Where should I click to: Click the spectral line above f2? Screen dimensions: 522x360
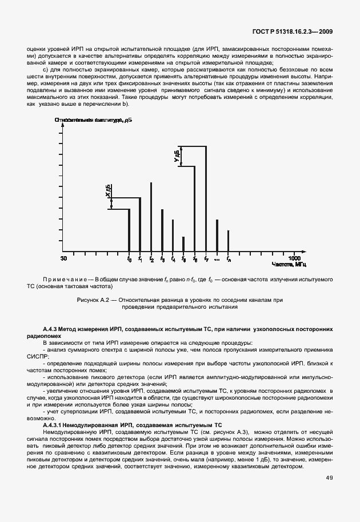point(151,217)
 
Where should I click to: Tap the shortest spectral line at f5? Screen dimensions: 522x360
point(183,244)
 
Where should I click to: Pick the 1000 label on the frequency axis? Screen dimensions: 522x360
point(294,258)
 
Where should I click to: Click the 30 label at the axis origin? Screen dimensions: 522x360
point(63,258)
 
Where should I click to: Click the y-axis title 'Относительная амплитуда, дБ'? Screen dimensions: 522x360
point(94,119)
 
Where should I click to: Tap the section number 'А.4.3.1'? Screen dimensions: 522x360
point(56,426)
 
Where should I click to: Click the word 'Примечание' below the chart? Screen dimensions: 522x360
point(67,278)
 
